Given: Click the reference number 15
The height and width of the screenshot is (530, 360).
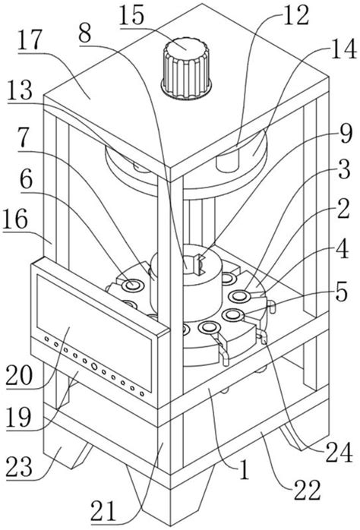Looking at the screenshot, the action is coord(131,15).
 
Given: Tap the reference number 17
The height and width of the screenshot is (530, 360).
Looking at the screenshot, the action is coord(30,39).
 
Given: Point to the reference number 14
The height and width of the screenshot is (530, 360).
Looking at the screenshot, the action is coord(344,49).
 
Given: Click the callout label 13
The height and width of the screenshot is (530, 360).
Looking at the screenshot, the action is coord(21,90).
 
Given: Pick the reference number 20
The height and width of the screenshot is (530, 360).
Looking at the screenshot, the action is coord(19,376).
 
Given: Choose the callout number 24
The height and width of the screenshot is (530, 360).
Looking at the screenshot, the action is coord(339,453).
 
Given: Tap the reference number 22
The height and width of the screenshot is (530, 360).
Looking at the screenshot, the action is coord(307,490).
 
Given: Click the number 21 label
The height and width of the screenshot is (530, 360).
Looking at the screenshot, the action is coord(103,511).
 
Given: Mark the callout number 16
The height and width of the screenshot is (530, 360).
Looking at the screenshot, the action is coord(14,219).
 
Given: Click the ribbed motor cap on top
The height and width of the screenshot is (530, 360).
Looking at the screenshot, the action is coord(186,68).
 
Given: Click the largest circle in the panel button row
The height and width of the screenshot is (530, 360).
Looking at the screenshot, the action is coord(94,367).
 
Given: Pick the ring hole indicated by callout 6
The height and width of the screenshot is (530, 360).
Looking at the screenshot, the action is coord(133,285).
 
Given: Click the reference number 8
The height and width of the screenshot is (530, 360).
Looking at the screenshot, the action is coord(85,33).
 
